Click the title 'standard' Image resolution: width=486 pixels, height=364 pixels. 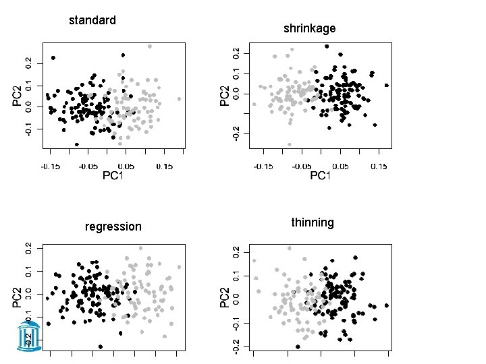(92, 20)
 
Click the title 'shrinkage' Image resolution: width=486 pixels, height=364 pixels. (309, 28)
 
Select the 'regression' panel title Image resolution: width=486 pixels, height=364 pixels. (113, 226)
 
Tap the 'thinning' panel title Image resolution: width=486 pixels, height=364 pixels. (312, 222)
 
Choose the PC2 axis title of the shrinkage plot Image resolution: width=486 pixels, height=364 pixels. (224, 94)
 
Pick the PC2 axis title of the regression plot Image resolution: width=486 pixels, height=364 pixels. (16, 296)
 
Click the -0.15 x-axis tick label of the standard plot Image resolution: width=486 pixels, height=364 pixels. (50, 165)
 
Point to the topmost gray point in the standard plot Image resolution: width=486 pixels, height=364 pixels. (150, 47)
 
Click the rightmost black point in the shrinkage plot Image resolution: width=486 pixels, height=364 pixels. (386, 86)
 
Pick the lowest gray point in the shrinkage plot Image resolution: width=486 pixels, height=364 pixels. (290, 144)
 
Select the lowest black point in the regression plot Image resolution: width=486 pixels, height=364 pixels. (101, 346)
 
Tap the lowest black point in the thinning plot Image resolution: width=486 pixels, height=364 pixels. (298, 346)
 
